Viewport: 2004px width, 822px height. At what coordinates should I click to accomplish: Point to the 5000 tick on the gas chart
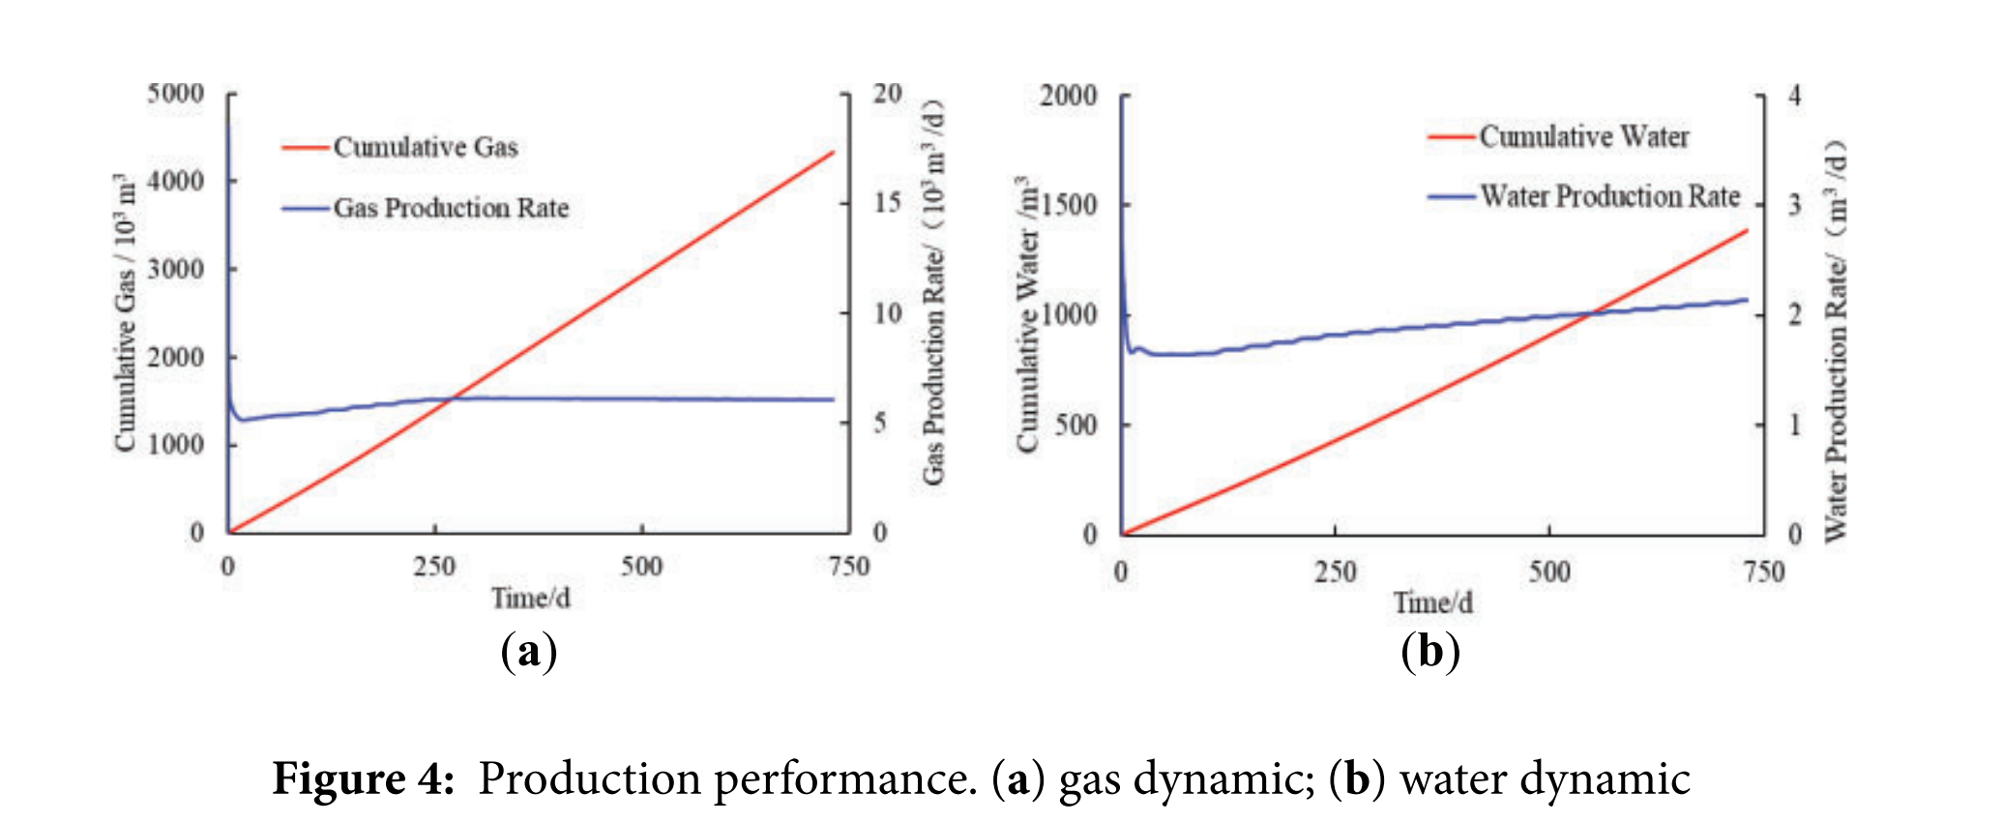(176, 94)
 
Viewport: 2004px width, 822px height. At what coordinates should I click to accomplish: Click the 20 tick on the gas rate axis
(887, 94)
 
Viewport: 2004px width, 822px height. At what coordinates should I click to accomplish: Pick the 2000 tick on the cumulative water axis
(1069, 96)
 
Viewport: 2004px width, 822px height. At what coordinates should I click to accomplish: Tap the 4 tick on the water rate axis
(1795, 96)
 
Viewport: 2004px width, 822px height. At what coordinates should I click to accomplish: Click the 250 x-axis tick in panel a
(434, 566)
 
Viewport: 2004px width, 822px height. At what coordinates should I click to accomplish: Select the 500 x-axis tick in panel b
(1549, 572)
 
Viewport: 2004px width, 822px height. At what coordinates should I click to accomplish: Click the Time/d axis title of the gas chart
(530, 599)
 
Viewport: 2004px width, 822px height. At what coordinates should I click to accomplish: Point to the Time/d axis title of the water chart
(1433, 603)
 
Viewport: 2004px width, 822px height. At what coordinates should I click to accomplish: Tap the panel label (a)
(529, 652)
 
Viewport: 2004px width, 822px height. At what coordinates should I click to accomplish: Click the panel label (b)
(1430, 652)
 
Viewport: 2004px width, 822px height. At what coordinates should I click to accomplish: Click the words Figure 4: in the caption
(364, 779)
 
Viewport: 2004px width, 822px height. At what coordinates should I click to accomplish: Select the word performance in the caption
(845, 779)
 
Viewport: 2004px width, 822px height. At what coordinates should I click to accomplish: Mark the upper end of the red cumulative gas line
(833, 152)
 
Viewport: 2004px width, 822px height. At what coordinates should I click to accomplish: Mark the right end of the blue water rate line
(1748, 300)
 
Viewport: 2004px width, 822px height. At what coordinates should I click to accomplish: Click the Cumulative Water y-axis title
(1026, 314)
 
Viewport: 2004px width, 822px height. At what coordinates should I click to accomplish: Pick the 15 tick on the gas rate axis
(887, 203)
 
